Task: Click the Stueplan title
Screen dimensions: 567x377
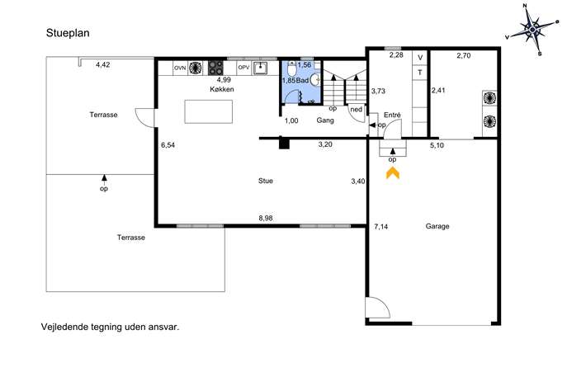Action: pyautogui.click(x=68, y=33)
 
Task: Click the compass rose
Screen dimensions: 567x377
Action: pyautogui.click(x=532, y=30)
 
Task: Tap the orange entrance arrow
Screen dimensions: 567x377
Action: pyautogui.click(x=393, y=172)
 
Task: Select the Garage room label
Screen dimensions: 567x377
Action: pyautogui.click(x=437, y=226)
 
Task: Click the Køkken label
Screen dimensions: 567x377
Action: pyautogui.click(x=222, y=89)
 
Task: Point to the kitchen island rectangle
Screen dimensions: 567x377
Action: pyautogui.click(x=209, y=111)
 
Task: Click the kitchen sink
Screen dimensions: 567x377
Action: pyautogui.click(x=260, y=68)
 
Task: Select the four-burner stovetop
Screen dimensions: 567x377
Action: pyautogui.click(x=216, y=68)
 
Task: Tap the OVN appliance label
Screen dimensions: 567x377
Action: pyautogui.click(x=180, y=68)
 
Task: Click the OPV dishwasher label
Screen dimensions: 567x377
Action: pyautogui.click(x=244, y=67)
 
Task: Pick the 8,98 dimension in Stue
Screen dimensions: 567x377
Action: pyautogui.click(x=266, y=218)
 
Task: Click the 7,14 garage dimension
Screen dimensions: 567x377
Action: pyautogui.click(x=381, y=227)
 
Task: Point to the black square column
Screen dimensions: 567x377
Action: pyautogui.click(x=284, y=144)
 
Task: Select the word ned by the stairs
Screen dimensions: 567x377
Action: pyautogui.click(x=357, y=110)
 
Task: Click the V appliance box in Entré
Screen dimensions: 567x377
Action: pyautogui.click(x=420, y=58)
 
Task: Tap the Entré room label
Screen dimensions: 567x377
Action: pyautogui.click(x=392, y=115)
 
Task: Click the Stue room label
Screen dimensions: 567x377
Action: pyautogui.click(x=266, y=181)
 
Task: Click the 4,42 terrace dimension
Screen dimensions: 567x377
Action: pyautogui.click(x=102, y=65)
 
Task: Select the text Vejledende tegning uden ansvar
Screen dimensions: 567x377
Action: pyautogui.click(x=110, y=327)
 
